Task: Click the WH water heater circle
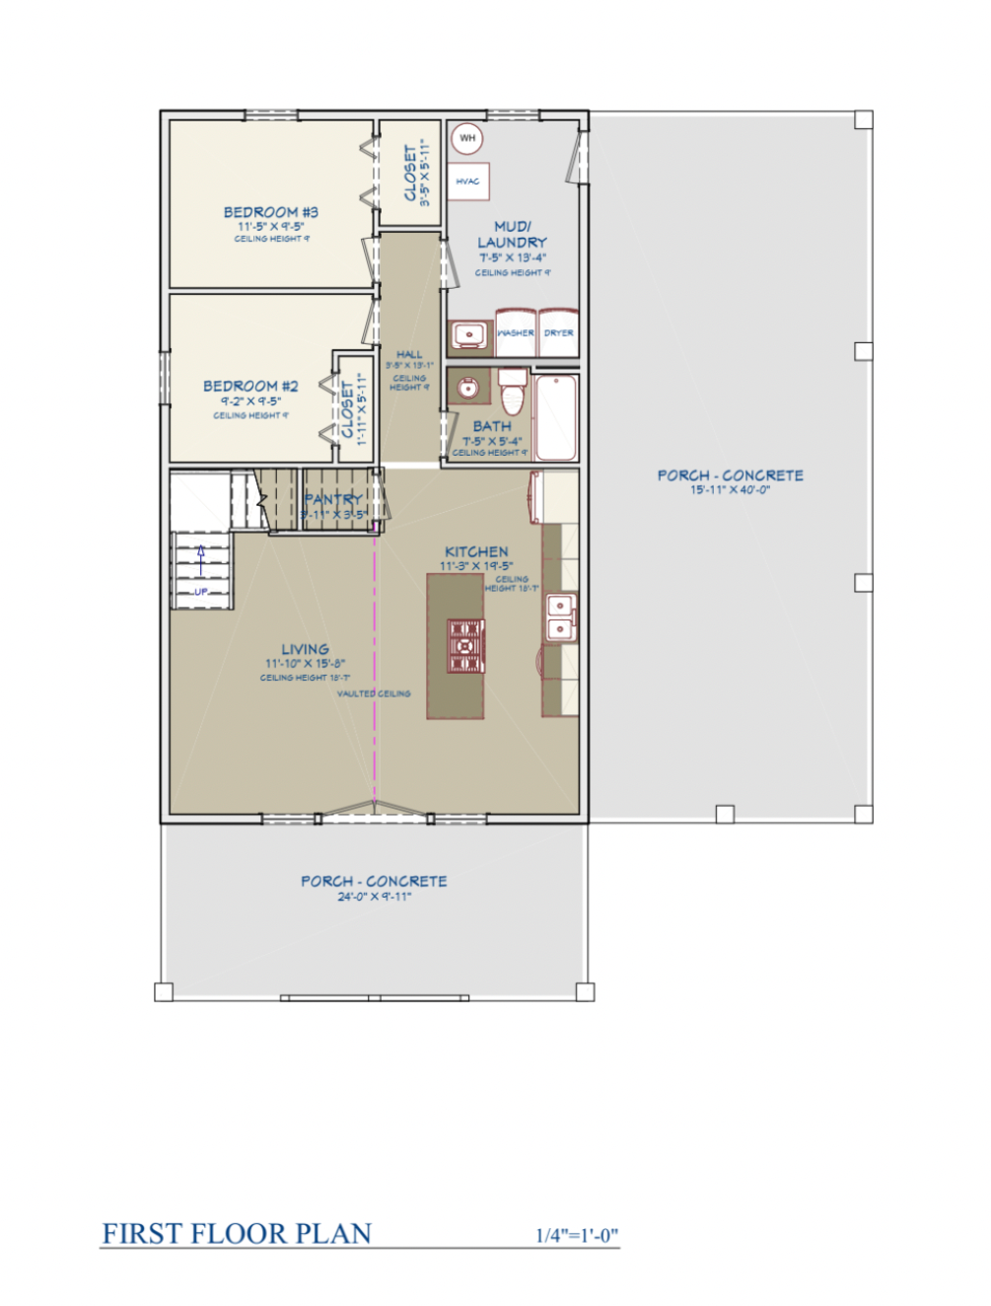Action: [467, 138]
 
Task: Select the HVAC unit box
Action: [468, 181]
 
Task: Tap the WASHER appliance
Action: [515, 333]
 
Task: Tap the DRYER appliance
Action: [558, 333]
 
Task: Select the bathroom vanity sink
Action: [469, 388]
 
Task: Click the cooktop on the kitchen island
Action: [465, 646]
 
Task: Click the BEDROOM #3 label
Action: [270, 212]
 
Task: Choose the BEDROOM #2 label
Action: [250, 386]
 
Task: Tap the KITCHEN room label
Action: [476, 552]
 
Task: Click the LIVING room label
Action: [305, 649]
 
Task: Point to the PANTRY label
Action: [332, 500]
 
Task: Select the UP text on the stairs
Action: [201, 592]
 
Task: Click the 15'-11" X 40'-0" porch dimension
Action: [730, 490]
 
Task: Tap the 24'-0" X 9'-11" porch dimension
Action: [374, 897]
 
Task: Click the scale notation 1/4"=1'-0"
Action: [577, 1235]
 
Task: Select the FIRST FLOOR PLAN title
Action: [237, 1234]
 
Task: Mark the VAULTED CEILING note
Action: [374, 693]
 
